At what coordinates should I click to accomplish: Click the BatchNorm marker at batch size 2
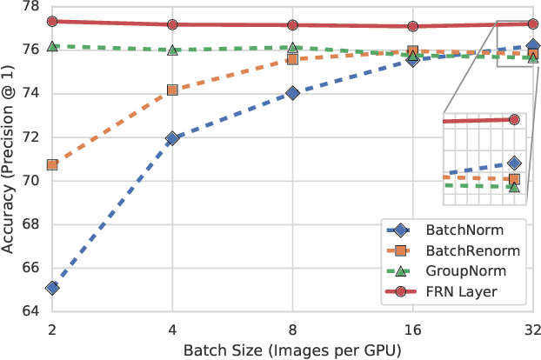point(52,288)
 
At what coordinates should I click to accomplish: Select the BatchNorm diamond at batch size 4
point(172,138)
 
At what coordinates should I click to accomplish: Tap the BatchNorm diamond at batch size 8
point(292,93)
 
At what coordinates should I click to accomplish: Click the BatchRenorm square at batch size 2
point(52,164)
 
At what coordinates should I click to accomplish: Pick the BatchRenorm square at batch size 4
point(172,90)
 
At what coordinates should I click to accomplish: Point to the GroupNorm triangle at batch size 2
point(52,46)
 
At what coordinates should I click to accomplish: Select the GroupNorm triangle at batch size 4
point(172,50)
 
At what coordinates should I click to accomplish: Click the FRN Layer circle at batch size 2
point(52,22)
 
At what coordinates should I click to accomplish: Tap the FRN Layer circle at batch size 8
point(292,25)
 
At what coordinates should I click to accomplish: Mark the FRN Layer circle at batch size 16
point(412,27)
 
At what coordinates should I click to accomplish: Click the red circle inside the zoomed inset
point(513,120)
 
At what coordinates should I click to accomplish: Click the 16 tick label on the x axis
point(412,330)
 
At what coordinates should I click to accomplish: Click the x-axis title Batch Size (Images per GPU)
point(292,350)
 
